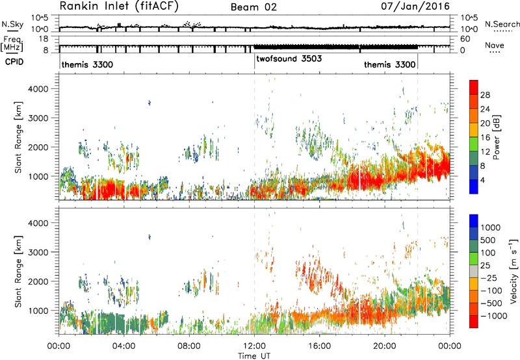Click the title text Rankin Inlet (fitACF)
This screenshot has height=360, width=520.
coord(119,6)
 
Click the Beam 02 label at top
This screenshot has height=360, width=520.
coord(253,7)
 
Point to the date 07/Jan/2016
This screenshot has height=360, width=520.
coord(415,6)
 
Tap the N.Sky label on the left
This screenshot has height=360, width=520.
coord(8,24)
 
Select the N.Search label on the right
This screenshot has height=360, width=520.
coord(502,24)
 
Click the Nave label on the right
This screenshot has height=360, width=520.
coord(495,45)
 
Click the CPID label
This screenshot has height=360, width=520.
coord(14,62)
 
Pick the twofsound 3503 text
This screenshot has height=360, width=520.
coord(289,58)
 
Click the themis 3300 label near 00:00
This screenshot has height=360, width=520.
coord(87,64)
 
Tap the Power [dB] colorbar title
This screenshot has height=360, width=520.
coord(496,137)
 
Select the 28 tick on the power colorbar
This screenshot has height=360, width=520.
coord(485,95)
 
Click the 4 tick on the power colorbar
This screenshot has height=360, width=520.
coord(482,181)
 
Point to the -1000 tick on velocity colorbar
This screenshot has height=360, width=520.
coord(494,316)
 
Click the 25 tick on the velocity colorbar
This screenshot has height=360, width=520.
coord(485,265)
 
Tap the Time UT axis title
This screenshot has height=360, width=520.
coord(254,355)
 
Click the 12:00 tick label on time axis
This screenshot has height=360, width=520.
coord(254,346)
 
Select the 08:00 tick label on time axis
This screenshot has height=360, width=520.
coord(189,346)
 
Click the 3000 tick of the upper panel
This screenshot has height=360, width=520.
coord(38,118)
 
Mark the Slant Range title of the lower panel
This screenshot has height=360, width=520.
coord(18,272)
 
